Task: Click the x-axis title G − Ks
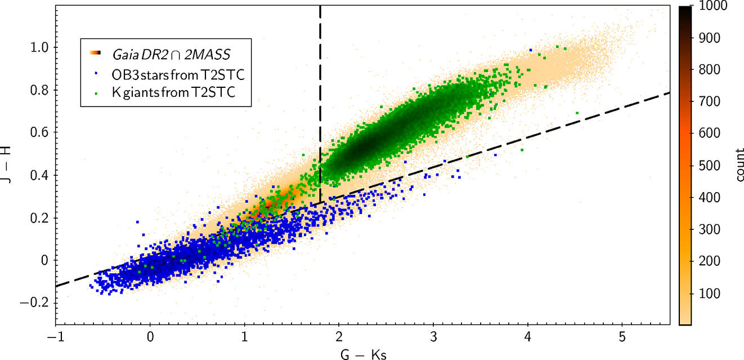(x=363, y=354)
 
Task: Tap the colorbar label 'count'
(x=738, y=166)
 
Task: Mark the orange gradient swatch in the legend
(x=95, y=54)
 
